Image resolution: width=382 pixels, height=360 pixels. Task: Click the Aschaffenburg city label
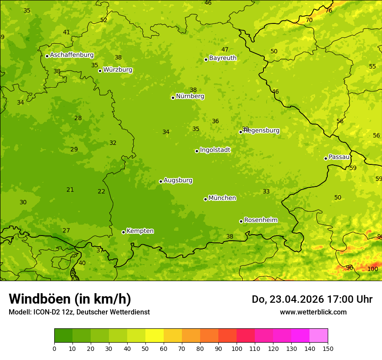(72, 55)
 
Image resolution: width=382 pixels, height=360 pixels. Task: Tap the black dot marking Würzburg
(100, 71)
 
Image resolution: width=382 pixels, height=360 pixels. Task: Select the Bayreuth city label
(223, 58)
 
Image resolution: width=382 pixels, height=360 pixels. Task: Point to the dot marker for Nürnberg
(173, 98)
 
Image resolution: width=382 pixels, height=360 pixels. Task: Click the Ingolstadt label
(215, 150)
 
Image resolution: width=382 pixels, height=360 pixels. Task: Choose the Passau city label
(339, 157)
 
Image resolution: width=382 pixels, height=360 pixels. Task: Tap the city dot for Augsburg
(161, 181)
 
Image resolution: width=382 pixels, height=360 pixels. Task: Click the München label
(222, 198)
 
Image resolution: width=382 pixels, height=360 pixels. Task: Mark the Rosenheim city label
(260, 220)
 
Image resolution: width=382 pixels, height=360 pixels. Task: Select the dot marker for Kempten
(123, 232)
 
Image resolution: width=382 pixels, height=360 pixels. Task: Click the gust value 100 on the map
(372, 269)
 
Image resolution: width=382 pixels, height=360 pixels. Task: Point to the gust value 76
(329, 10)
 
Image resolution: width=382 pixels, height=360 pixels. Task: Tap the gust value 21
(70, 190)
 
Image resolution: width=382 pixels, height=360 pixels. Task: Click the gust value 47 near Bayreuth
(224, 49)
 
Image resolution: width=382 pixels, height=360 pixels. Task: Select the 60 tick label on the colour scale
(164, 348)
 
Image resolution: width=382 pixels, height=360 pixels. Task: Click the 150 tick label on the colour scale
(328, 348)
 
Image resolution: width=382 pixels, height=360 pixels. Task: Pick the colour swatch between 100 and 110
(246, 336)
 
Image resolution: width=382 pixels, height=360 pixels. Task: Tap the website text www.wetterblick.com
(313, 312)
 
